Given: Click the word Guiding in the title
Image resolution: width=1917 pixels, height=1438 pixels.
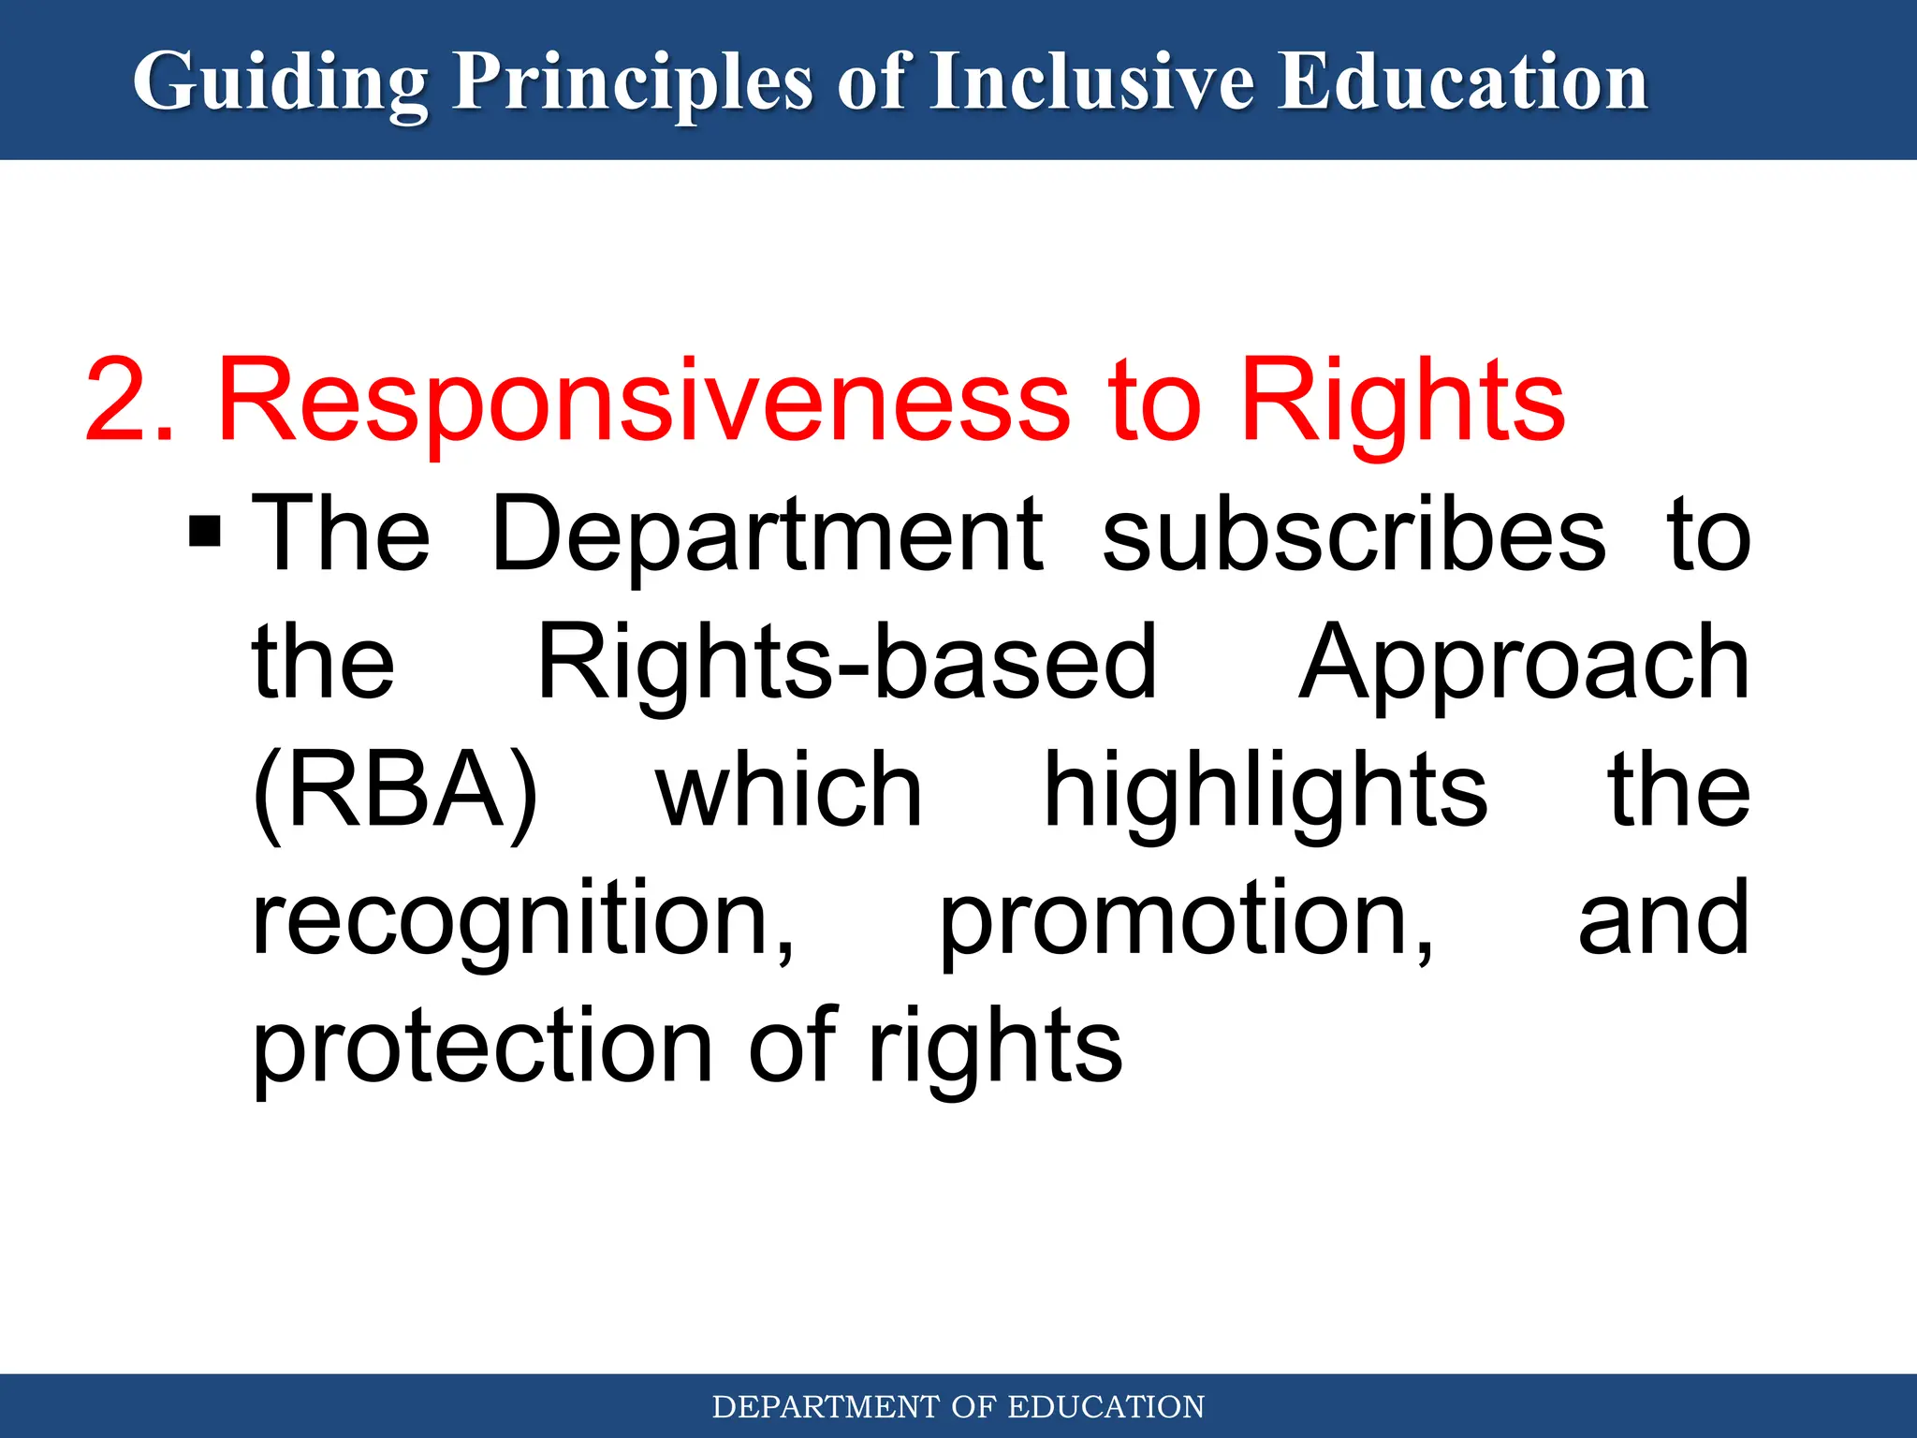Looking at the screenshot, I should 280,82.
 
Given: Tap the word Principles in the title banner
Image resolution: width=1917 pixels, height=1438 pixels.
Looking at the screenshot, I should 633,82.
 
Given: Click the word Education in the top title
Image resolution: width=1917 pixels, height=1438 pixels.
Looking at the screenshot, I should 1462,82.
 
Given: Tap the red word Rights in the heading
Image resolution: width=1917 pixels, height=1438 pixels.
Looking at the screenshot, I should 1401,401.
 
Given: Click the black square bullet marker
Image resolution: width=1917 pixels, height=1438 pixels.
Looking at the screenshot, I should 205,531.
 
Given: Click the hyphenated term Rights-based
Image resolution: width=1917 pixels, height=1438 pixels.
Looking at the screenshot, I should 847,663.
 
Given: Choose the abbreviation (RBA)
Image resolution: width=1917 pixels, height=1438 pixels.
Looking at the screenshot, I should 396,791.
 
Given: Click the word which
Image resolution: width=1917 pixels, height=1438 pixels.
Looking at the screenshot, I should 789,791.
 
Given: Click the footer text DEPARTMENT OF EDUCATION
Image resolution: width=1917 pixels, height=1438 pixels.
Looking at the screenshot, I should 958,1407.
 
